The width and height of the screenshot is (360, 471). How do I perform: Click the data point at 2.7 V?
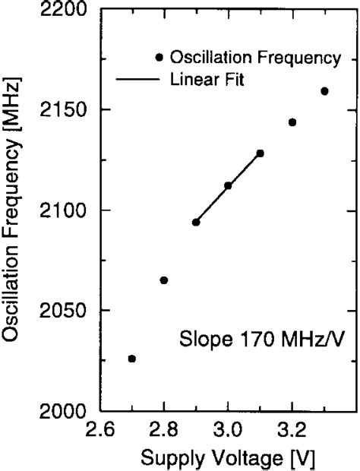(x=132, y=359)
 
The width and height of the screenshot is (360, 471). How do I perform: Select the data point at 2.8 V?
(x=164, y=280)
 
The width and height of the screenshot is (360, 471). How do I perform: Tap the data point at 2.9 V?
(x=196, y=222)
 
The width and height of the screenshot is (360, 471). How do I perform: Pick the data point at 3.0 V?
(x=228, y=185)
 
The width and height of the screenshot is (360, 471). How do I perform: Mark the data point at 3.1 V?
(x=261, y=153)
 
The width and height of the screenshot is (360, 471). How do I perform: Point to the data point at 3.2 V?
(x=292, y=122)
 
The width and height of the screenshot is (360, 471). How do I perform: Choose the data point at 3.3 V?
(x=324, y=91)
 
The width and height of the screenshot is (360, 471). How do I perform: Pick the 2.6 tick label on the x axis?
(x=100, y=430)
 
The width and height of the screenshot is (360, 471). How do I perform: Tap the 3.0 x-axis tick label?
(x=228, y=430)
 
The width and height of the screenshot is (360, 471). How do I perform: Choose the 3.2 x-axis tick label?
(x=292, y=430)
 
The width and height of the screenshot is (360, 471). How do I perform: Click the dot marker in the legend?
(x=159, y=57)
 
